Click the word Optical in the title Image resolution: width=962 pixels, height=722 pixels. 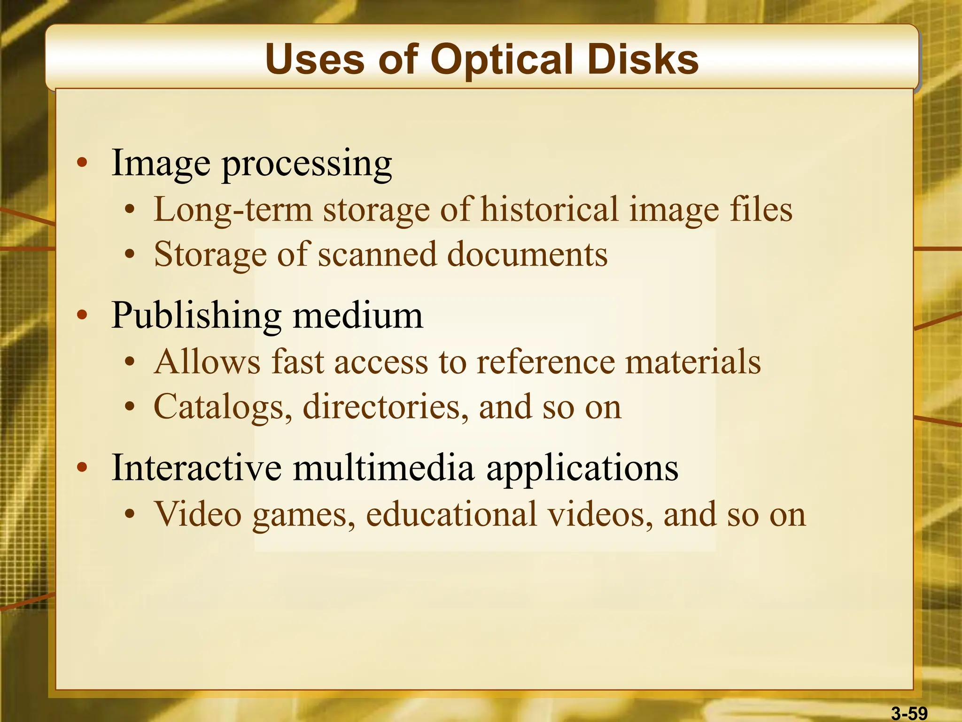502,60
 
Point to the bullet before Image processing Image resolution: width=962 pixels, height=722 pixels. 82,163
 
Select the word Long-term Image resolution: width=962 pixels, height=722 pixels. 233,210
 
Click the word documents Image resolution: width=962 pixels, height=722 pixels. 527,254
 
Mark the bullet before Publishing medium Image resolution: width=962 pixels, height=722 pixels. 82,315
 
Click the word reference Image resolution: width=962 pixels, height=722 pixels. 545,362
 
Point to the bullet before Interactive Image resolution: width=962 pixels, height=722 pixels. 82,467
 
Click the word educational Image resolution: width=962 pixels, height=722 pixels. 451,514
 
